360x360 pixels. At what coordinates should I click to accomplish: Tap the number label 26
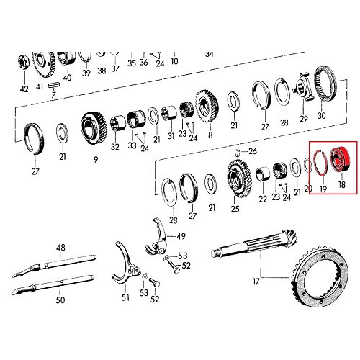(x=252, y=152)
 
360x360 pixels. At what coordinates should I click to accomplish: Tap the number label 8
(x=210, y=135)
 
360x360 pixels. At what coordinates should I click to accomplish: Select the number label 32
(x=114, y=147)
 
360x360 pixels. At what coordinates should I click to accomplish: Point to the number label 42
(x=24, y=89)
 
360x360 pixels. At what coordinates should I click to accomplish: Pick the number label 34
(x=210, y=53)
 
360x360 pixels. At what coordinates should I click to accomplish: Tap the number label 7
(x=53, y=94)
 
